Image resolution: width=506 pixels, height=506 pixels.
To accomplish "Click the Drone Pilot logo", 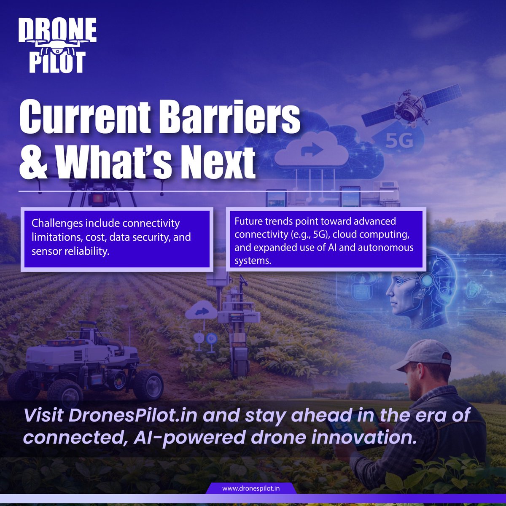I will tap(58, 46).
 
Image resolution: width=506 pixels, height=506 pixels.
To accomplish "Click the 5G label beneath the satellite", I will tap(399, 141).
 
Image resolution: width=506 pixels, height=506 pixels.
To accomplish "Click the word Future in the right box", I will tap(248, 221).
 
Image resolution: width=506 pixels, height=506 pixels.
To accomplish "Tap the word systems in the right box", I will tap(252, 261).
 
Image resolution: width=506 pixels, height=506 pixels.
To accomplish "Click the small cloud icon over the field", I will tap(201, 313).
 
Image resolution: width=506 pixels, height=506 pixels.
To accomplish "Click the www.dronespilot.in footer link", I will tap(251, 489).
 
